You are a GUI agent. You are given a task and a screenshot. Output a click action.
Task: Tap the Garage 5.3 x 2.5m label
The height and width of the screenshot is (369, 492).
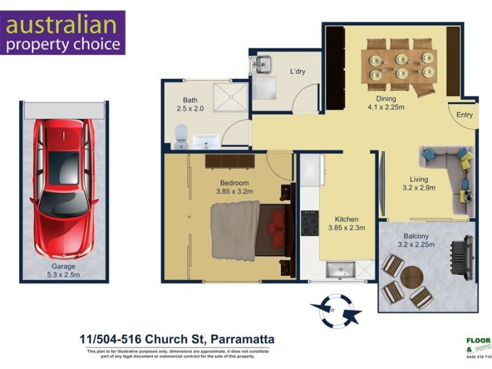[63, 271]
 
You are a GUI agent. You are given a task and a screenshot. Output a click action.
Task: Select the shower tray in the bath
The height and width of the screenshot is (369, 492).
[230, 95]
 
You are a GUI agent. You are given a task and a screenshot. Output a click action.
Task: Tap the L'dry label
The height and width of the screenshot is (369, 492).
[298, 71]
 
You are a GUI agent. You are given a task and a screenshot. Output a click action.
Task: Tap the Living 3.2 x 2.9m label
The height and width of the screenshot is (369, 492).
[419, 184]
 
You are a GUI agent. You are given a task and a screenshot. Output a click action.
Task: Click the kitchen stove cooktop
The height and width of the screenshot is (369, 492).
[309, 223]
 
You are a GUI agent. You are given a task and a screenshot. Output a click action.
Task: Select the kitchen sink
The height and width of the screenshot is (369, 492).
[341, 269]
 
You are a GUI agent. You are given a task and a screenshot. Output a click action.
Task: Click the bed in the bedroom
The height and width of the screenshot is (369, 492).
[246, 230]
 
